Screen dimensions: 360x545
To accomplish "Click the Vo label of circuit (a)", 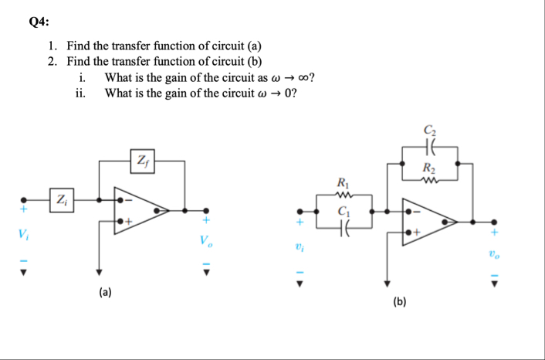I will click(x=205, y=240).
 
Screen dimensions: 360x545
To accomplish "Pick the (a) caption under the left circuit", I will click(x=104, y=292).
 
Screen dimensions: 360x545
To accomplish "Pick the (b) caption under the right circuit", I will click(x=400, y=301).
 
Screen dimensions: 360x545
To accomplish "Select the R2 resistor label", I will click(x=429, y=169).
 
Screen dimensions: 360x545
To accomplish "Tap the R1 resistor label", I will click(x=342, y=182).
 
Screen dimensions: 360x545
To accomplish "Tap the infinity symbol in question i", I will click(x=306, y=78).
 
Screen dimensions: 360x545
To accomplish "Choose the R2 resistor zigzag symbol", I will click(x=429, y=182).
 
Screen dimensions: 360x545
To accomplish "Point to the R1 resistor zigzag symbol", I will click(x=341, y=195).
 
